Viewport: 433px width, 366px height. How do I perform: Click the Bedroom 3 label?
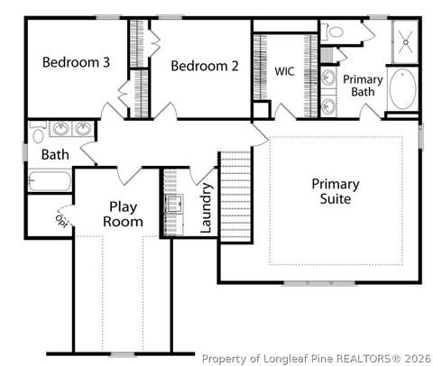tap(77, 63)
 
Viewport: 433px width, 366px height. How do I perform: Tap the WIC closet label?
tap(284, 70)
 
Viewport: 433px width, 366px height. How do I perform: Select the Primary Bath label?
tap(363, 86)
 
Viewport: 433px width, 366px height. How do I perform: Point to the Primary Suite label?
tap(336, 190)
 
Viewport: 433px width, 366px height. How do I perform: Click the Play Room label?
tap(123, 214)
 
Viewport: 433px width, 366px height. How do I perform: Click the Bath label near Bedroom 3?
tap(55, 155)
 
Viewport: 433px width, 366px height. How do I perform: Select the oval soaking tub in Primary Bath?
tap(401, 90)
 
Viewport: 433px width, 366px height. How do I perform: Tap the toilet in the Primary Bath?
tap(336, 32)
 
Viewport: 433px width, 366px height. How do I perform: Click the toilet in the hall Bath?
tap(36, 134)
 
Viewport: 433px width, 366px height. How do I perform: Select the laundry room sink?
tap(173, 202)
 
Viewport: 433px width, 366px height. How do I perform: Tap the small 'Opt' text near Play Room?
tap(61, 220)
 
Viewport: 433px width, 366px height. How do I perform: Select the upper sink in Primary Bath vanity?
tap(329, 78)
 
